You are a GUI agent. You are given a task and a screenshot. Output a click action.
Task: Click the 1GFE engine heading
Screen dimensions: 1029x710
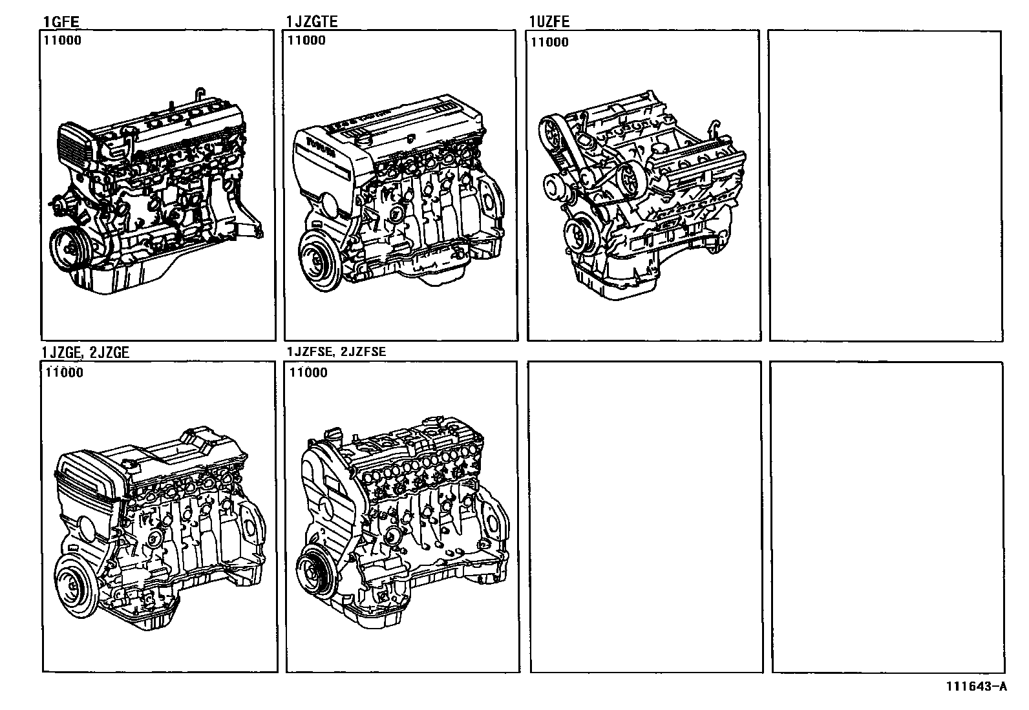[61, 22]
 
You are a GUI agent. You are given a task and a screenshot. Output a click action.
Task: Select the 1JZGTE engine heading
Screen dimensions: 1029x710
[312, 22]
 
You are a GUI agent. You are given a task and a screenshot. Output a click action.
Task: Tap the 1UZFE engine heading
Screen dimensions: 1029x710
[549, 22]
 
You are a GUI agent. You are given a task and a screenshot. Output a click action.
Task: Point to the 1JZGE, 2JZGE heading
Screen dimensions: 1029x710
[85, 352]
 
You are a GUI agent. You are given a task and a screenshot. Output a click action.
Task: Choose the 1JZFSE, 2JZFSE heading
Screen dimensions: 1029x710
[337, 352]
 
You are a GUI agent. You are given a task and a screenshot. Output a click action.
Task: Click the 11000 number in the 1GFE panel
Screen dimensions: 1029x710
[63, 40]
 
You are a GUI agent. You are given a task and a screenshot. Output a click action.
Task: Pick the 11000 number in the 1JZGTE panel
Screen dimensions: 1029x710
[306, 40]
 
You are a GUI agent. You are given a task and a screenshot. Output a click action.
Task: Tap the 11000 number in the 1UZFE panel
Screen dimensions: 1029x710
[550, 43]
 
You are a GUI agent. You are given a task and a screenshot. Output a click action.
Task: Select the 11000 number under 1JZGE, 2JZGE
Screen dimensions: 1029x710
[64, 372]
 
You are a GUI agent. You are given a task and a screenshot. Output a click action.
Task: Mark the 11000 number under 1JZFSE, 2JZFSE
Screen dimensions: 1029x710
[308, 372]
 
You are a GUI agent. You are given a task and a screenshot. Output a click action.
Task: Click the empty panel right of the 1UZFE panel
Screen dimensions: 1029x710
[886, 185]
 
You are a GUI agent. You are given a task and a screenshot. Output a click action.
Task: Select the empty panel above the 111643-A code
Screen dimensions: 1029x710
[887, 517]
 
